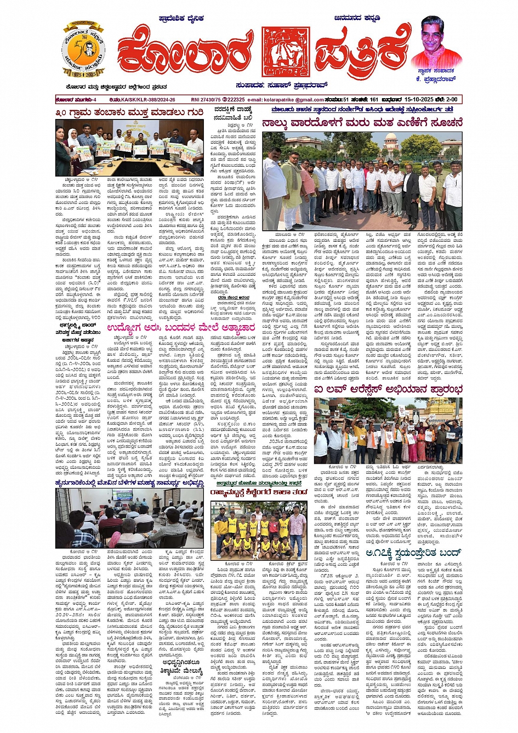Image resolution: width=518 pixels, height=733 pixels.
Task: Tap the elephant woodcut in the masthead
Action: pos(285,53)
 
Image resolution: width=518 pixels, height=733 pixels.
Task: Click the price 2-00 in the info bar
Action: pos(452,99)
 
